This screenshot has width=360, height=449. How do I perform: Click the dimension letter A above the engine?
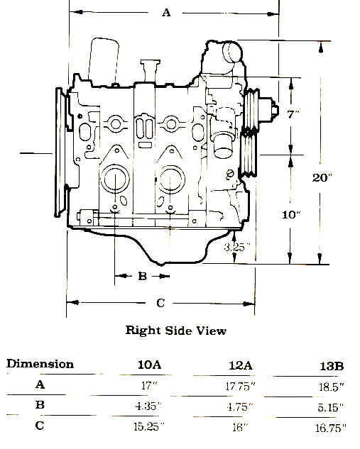pyautogui.click(x=167, y=13)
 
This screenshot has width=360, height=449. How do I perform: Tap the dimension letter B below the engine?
pyautogui.click(x=143, y=276)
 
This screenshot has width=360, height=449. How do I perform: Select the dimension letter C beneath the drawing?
pyautogui.click(x=160, y=303)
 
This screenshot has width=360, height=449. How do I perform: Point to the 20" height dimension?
pyautogui.click(x=322, y=178)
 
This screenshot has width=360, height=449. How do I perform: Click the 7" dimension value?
pyautogui.click(x=293, y=115)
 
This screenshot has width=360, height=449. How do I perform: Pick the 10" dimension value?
pyautogui.click(x=291, y=215)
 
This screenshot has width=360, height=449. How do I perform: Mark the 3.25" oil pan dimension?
pyautogui.click(x=236, y=247)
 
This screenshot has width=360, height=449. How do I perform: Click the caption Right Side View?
pyautogui.click(x=176, y=331)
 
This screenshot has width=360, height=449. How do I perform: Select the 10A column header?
pyautogui.click(x=150, y=365)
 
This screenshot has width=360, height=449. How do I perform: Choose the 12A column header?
pyautogui.click(x=241, y=365)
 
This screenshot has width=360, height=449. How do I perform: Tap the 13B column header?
pyautogui.click(x=332, y=366)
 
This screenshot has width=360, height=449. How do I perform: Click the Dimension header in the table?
pyautogui.click(x=40, y=364)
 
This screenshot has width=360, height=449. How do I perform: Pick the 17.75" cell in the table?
pyautogui.click(x=239, y=387)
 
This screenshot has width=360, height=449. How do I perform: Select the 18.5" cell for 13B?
pyautogui.click(x=332, y=387)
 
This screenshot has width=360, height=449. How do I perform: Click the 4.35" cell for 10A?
pyautogui.click(x=148, y=406)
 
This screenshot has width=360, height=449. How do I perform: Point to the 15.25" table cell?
pyautogui.click(x=149, y=427)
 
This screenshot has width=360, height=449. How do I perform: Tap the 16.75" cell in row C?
pyautogui.click(x=331, y=428)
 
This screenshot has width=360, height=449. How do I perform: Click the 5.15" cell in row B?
pyautogui.click(x=331, y=407)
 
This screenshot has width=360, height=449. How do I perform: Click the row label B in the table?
pyautogui.click(x=40, y=405)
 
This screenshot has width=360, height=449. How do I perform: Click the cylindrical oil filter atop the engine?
pyautogui.click(x=104, y=62)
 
